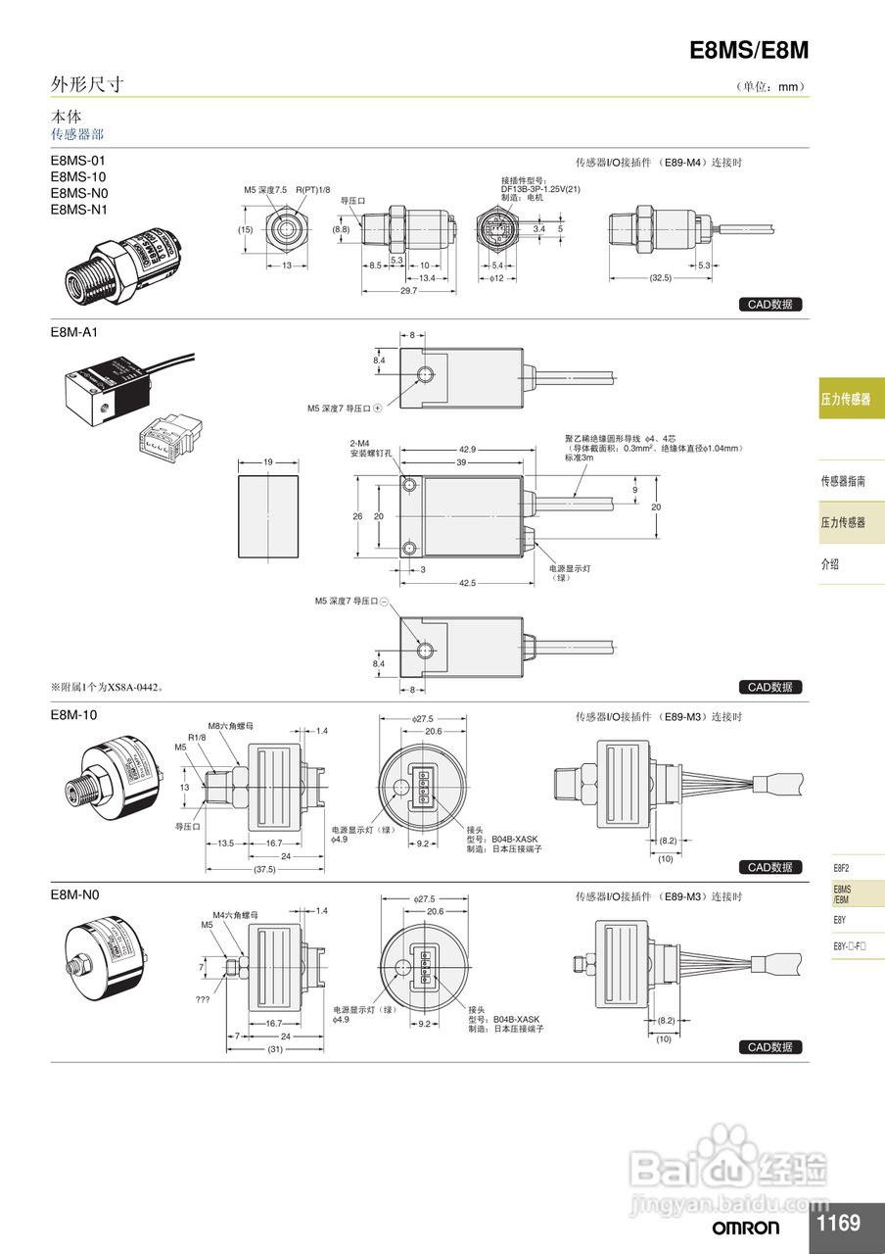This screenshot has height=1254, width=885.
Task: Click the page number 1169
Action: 838,1223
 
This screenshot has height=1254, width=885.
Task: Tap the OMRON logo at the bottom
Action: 746,1228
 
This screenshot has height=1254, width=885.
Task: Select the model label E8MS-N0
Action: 79,193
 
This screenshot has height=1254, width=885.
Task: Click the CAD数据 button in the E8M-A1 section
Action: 769,687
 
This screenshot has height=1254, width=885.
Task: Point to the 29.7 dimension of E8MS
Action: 408,291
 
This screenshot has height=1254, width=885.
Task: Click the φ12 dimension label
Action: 496,278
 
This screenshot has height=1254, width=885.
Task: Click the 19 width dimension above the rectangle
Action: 267,460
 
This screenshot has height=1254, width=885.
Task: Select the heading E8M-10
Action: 74,715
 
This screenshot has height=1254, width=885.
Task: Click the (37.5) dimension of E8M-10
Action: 264,869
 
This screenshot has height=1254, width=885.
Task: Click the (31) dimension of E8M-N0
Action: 278,1049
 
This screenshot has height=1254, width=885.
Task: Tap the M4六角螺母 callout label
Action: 235,914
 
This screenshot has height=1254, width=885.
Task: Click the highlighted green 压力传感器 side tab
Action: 850,399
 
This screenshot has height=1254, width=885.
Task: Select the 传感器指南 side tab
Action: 843,481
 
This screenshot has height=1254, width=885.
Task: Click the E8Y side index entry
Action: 841,920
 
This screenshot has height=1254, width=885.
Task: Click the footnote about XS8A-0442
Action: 107,687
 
